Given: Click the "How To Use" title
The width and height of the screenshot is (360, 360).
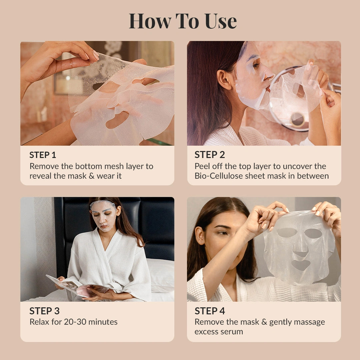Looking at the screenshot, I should tap(183, 21).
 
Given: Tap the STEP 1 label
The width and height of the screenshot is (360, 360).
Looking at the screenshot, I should tap(43, 155).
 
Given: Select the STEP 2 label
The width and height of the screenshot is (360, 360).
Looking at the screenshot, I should tap(210, 155).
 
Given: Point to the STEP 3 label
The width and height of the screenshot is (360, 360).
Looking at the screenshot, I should tap(44, 311).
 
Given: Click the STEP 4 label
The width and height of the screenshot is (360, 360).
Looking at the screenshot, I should tap(210, 311).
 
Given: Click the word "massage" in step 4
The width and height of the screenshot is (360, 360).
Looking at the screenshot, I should tap(307, 322).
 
